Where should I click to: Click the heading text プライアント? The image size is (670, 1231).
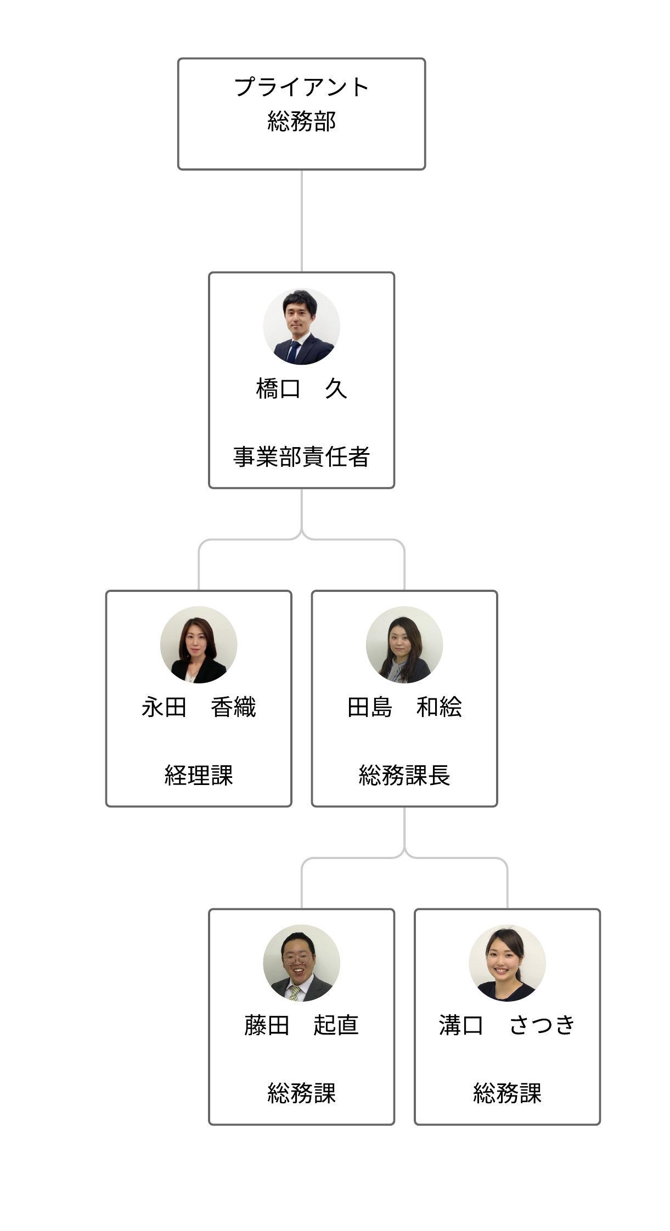(301, 87)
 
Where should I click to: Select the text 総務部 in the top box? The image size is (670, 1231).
(301, 121)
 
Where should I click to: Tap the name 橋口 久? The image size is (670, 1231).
(301, 388)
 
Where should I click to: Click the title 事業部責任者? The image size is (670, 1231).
(301, 456)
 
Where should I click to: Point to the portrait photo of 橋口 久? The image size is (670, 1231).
(301, 326)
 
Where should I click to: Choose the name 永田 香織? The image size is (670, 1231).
(199, 707)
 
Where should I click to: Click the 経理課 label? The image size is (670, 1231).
(199, 775)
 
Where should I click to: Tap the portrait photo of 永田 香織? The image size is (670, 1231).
(199, 644)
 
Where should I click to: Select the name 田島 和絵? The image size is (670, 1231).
(404, 707)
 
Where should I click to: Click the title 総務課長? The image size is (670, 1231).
(404, 775)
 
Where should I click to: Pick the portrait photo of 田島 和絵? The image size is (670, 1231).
(404, 644)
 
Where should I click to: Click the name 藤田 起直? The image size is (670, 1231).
(301, 1025)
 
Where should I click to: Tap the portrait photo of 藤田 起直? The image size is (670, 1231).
(301, 962)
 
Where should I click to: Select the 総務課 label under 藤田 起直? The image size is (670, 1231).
(301, 1093)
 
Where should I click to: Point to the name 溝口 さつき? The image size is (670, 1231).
(507, 1025)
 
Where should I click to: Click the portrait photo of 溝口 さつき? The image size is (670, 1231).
(507, 962)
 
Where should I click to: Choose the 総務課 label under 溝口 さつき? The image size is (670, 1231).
(507, 1093)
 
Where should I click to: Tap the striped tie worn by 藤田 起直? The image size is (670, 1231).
(295, 992)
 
